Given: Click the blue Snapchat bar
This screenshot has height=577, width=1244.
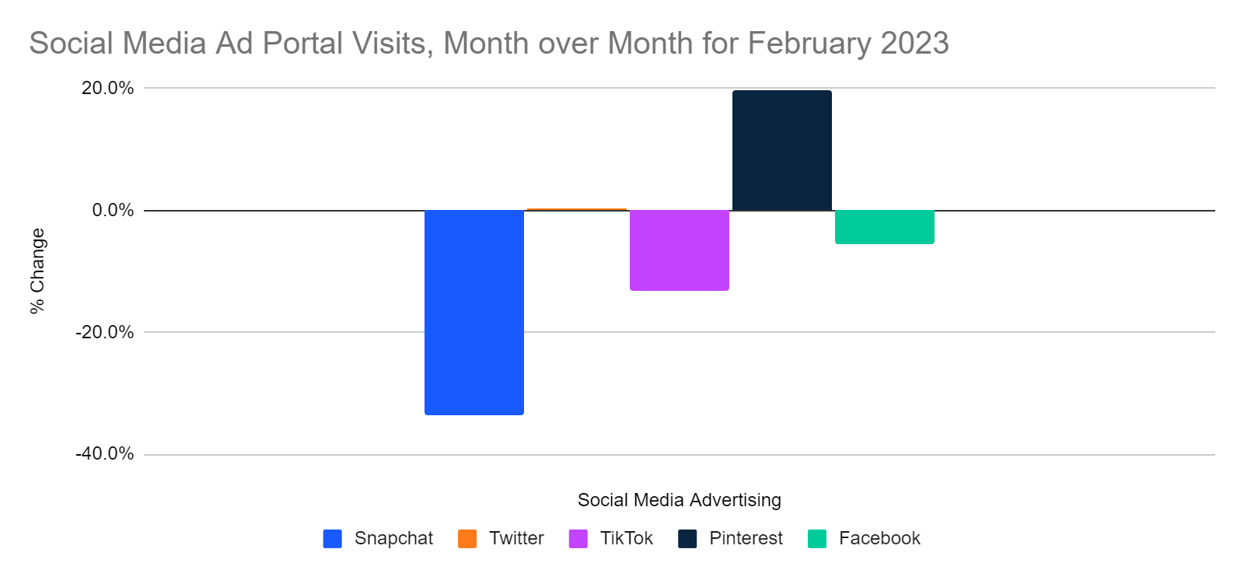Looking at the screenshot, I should tap(473, 312).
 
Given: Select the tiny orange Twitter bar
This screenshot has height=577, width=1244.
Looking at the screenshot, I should tap(576, 209).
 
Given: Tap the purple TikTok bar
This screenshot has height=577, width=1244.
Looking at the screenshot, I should tap(679, 250).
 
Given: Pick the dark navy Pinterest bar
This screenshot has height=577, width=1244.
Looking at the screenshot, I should tap(781, 150).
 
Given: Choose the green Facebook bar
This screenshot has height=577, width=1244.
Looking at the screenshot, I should tap(884, 226).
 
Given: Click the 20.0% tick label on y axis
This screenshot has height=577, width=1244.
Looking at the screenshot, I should tap(107, 88).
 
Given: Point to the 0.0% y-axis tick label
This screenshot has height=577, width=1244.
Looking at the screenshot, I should tap(113, 210).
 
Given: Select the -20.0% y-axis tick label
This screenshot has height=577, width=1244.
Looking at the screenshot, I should tap(104, 332).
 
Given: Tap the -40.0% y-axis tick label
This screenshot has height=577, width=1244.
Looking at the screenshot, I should tap(104, 454).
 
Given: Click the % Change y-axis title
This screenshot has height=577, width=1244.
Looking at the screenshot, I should tap(37, 271).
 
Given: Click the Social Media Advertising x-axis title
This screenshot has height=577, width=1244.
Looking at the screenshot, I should tap(679, 500).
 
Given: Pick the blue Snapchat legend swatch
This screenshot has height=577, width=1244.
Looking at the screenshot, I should tap(333, 539).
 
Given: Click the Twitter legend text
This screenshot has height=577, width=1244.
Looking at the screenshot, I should tap(516, 538).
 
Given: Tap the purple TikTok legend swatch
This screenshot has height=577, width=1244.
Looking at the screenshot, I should tap(578, 539).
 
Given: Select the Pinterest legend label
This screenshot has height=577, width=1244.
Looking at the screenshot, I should tap(746, 538).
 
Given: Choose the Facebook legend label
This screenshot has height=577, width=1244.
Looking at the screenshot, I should tap(879, 538).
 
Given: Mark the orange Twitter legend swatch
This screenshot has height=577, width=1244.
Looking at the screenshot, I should tap(467, 539).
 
